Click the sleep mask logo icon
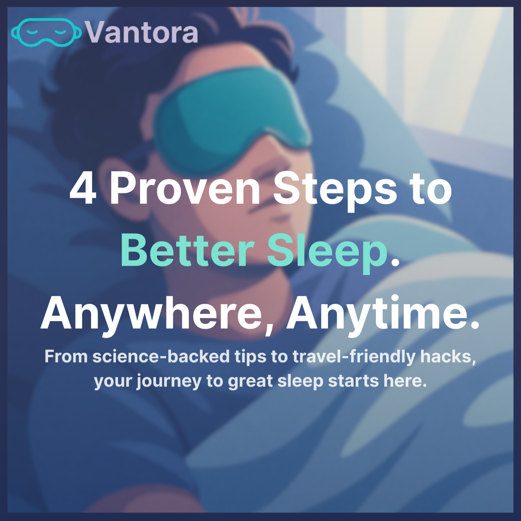click(46, 32)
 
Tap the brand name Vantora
click(141, 32)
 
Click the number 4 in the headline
click(83, 189)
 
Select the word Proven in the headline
click(185, 189)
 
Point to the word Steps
click(335, 192)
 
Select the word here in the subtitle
click(405, 381)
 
